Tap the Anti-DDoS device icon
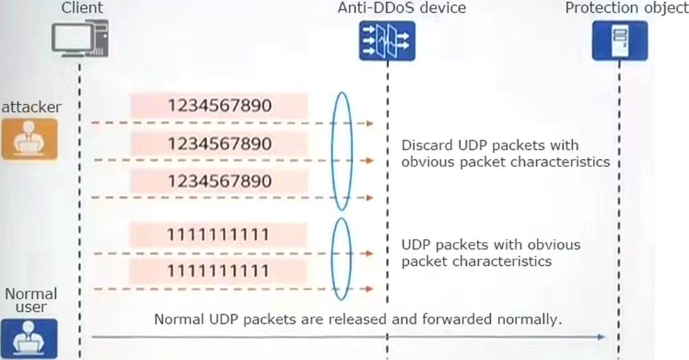(x=386, y=40)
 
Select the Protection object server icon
(x=619, y=40)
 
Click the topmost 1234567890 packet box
(x=219, y=106)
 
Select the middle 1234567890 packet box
(x=219, y=144)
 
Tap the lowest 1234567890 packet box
(x=219, y=181)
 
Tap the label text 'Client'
(x=82, y=8)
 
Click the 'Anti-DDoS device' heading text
(x=401, y=8)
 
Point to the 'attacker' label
(x=31, y=107)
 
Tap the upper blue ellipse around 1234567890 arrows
(x=342, y=151)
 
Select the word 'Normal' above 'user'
(x=31, y=294)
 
